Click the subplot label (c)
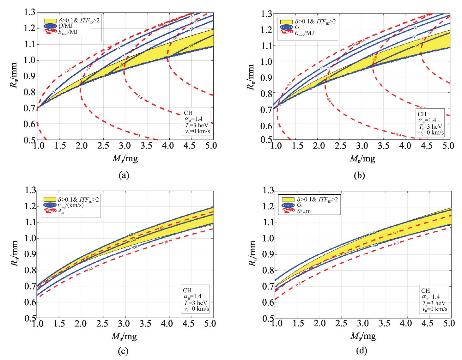pos(124,351)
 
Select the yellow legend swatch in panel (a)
pos(50,21)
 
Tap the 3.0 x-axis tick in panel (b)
pos(362,146)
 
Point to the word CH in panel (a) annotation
pos(188,112)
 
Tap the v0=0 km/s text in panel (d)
pos(435,309)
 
